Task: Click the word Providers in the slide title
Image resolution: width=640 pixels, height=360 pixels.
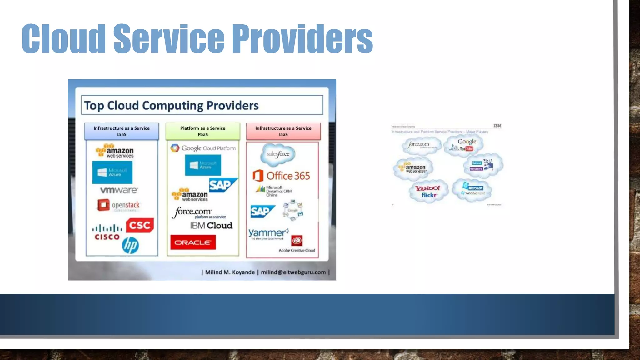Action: click(x=302, y=39)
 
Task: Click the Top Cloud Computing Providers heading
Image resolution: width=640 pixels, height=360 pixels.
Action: click(x=171, y=105)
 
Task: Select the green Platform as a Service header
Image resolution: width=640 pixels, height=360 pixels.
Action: click(x=203, y=131)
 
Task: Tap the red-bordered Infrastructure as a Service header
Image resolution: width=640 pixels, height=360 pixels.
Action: click(x=283, y=131)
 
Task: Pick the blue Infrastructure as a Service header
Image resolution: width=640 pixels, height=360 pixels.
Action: click(x=122, y=131)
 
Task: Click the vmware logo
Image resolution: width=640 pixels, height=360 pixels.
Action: click(x=119, y=190)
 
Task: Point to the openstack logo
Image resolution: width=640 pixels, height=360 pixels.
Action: click(x=119, y=205)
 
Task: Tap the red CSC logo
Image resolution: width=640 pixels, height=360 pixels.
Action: click(x=140, y=225)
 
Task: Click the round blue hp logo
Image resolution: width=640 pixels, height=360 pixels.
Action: click(x=130, y=245)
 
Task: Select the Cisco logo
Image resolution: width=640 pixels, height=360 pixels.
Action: click(x=107, y=232)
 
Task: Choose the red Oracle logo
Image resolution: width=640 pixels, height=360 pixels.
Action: click(x=193, y=242)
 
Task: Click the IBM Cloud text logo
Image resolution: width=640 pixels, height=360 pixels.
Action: click(x=211, y=226)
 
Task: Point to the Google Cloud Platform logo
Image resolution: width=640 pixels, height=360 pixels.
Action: click(x=203, y=148)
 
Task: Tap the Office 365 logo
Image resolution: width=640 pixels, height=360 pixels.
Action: click(x=281, y=176)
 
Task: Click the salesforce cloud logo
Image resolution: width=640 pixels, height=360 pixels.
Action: click(x=278, y=154)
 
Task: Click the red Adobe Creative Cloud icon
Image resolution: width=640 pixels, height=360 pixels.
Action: click(x=297, y=241)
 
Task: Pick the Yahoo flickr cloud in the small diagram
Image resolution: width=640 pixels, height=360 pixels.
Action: click(x=428, y=191)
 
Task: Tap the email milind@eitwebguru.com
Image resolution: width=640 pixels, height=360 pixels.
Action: click(x=293, y=272)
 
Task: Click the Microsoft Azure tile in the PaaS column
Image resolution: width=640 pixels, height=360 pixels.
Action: click(x=203, y=165)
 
